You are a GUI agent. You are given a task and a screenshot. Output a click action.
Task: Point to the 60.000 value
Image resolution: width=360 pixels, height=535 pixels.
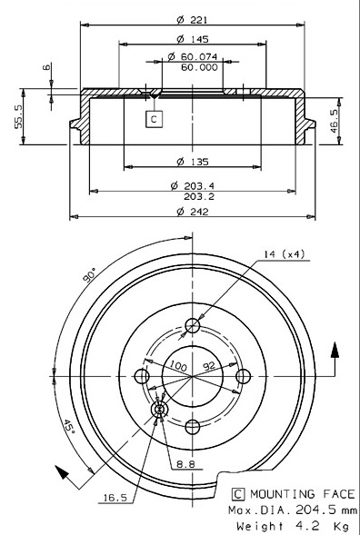tap(198, 67)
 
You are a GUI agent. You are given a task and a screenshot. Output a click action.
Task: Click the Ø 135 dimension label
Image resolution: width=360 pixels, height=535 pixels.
tap(193, 162)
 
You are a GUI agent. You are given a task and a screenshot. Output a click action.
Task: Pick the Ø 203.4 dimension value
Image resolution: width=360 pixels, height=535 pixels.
tap(193, 185)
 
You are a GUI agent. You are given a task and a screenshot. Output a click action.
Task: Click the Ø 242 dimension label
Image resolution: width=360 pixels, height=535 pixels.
tap(193, 213)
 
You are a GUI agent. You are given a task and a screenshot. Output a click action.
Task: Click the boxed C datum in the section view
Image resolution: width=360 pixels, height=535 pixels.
tap(155, 118)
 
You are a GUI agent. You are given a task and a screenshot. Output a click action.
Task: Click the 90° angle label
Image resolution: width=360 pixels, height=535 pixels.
tap(88, 276)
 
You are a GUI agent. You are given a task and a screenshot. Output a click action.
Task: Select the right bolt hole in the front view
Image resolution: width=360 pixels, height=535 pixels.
tap(243, 377)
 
